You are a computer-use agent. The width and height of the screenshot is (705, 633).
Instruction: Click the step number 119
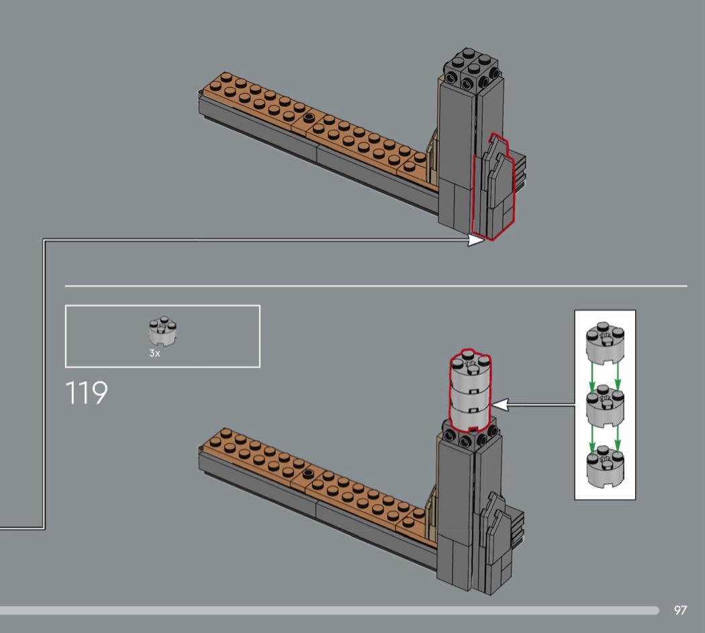pyautogui.click(x=87, y=392)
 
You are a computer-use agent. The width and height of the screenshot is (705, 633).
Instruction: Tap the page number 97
pyautogui.click(x=680, y=610)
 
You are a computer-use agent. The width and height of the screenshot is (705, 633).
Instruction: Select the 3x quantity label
pyautogui.click(x=154, y=353)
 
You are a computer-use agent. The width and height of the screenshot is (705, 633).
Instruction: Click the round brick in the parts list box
pyautogui.click(x=162, y=331)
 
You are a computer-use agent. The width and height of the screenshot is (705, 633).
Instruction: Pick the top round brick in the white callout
pyautogui.click(x=605, y=342)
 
